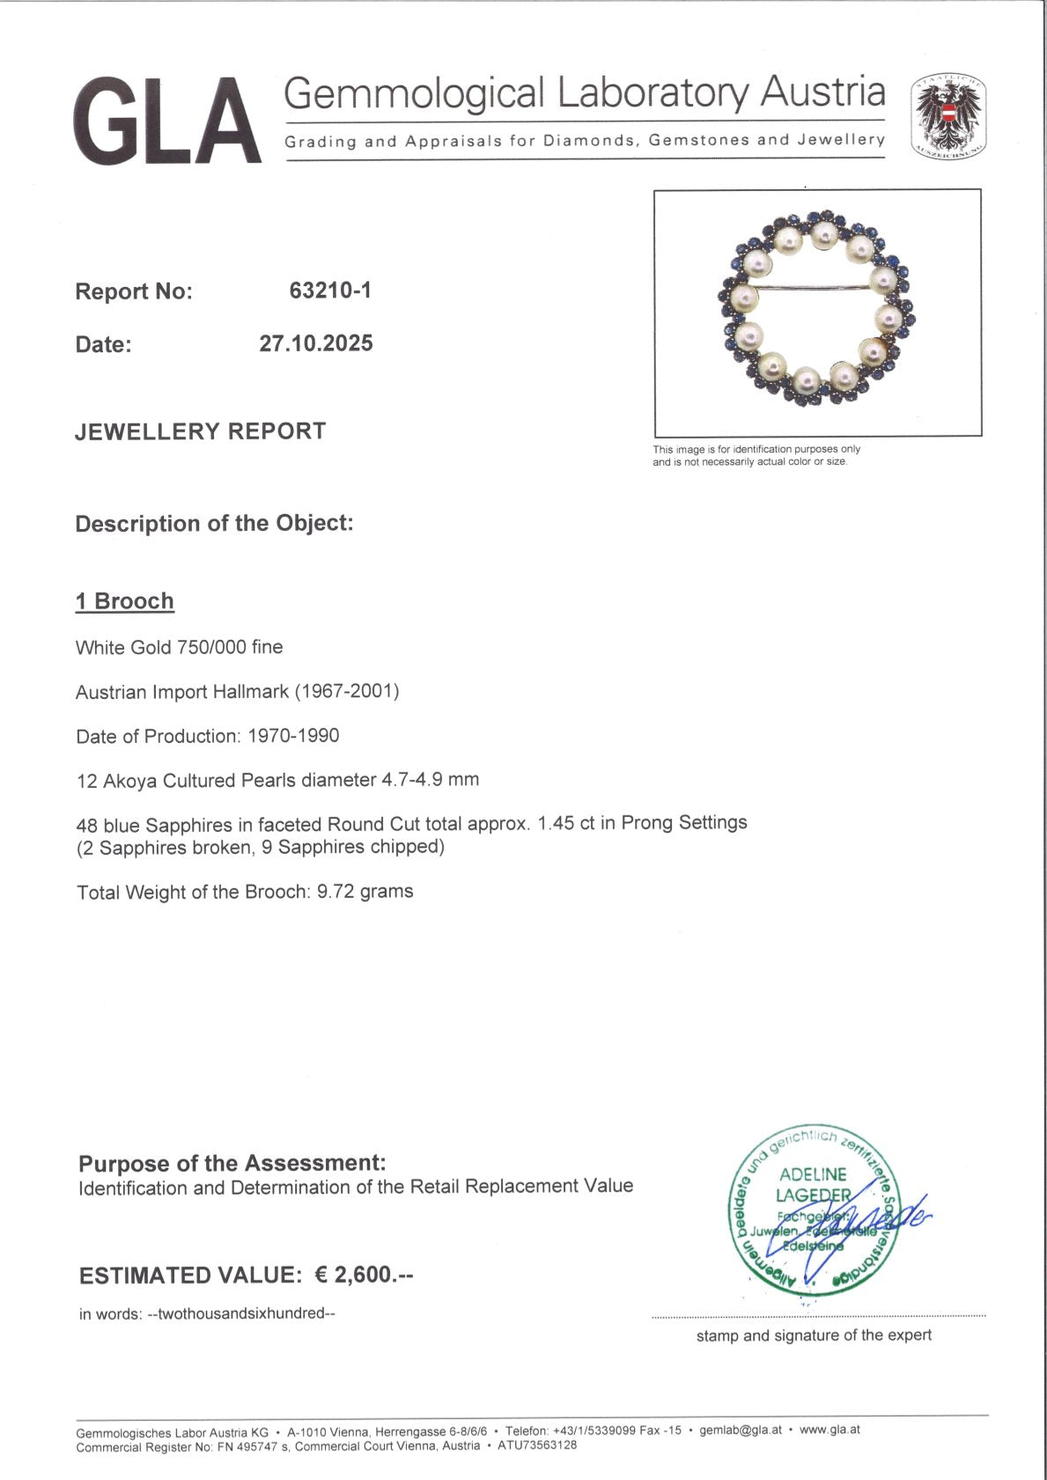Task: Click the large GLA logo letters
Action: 167,121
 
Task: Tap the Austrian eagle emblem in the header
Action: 947,117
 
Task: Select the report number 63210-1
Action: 330,291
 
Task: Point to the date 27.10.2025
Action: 316,343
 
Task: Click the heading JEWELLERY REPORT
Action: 201,431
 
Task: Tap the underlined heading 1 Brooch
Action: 125,601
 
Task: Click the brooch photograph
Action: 816,313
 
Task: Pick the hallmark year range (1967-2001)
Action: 347,691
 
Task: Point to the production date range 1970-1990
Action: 293,736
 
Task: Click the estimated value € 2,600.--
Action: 364,1275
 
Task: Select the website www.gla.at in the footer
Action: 829,1430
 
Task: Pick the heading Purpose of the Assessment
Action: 232,1163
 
